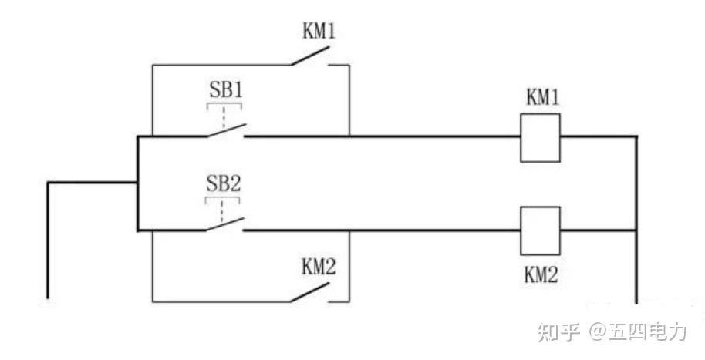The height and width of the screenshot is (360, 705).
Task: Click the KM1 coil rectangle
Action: (x=540, y=138)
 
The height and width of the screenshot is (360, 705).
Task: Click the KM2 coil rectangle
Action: (x=540, y=230)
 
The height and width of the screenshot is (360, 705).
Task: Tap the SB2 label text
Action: (x=224, y=184)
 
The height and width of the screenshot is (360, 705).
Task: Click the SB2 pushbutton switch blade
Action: (x=225, y=224)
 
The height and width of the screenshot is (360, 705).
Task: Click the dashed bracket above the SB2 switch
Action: (x=224, y=202)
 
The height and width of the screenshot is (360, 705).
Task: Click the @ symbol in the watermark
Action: (x=599, y=332)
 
